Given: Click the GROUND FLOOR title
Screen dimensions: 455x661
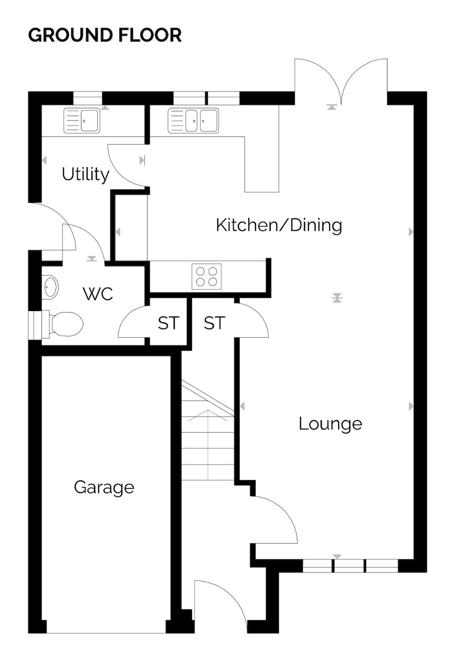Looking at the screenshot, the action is click(x=105, y=35).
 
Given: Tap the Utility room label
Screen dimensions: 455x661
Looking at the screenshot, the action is click(x=85, y=174).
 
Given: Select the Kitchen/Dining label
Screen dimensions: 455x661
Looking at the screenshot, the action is click(x=279, y=225).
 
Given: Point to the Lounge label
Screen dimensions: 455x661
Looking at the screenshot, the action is click(x=330, y=425).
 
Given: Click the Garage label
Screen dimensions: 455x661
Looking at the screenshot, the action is click(x=104, y=488).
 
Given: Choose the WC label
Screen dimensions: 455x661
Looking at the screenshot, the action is click(x=98, y=294).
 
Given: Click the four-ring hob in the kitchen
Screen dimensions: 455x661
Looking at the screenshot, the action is click(x=207, y=276).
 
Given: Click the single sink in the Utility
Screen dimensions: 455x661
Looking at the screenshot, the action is click(x=82, y=120).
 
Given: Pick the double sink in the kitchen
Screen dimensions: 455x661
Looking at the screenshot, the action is click(x=193, y=120).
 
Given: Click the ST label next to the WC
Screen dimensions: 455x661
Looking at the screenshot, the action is click(x=168, y=323).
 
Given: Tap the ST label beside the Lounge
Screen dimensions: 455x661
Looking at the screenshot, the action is click(x=214, y=323).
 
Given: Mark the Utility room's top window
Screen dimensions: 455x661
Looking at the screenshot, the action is click(x=88, y=98).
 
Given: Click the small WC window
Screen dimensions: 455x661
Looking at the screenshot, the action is click(x=35, y=325).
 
